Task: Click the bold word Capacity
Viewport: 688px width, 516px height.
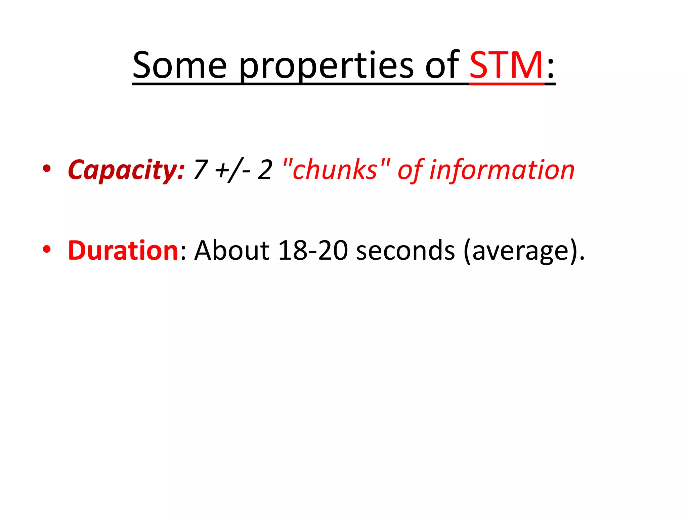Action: point(126,170)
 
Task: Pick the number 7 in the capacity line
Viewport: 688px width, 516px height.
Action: point(201,170)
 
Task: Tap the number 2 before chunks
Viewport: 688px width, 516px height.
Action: point(265,170)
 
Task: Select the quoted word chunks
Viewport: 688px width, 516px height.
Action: point(336,170)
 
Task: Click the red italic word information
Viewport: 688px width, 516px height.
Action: point(502,170)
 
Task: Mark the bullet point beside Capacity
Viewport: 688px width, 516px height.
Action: point(47,168)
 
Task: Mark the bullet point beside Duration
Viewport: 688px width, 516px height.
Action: point(47,249)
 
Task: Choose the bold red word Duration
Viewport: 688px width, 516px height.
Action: point(123,251)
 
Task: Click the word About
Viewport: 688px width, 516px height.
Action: point(232,251)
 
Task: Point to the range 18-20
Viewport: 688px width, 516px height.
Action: point(313,251)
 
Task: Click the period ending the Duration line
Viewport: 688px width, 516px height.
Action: point(582,259)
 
